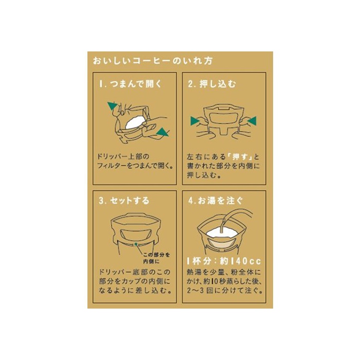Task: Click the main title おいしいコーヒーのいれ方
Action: click(153, 61)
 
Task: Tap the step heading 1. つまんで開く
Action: click(131, 84)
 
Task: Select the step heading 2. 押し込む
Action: click(212, 84)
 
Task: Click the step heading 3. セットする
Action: click(124, 201)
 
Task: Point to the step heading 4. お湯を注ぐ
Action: click(215, 201)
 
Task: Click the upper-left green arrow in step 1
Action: click(113, 105)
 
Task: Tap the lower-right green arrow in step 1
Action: click(163, 132)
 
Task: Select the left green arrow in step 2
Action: click(195, 121)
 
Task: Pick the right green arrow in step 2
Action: click(252, 121)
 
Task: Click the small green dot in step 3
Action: click(136, 244)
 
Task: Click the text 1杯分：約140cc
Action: click(224, 261)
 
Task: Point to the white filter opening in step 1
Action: click(135, 122)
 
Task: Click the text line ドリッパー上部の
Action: click(123, 156)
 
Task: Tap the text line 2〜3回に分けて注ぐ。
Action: click(225, 291)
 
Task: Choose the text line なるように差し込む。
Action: click(135, 291)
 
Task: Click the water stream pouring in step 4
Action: click(223, 223)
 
